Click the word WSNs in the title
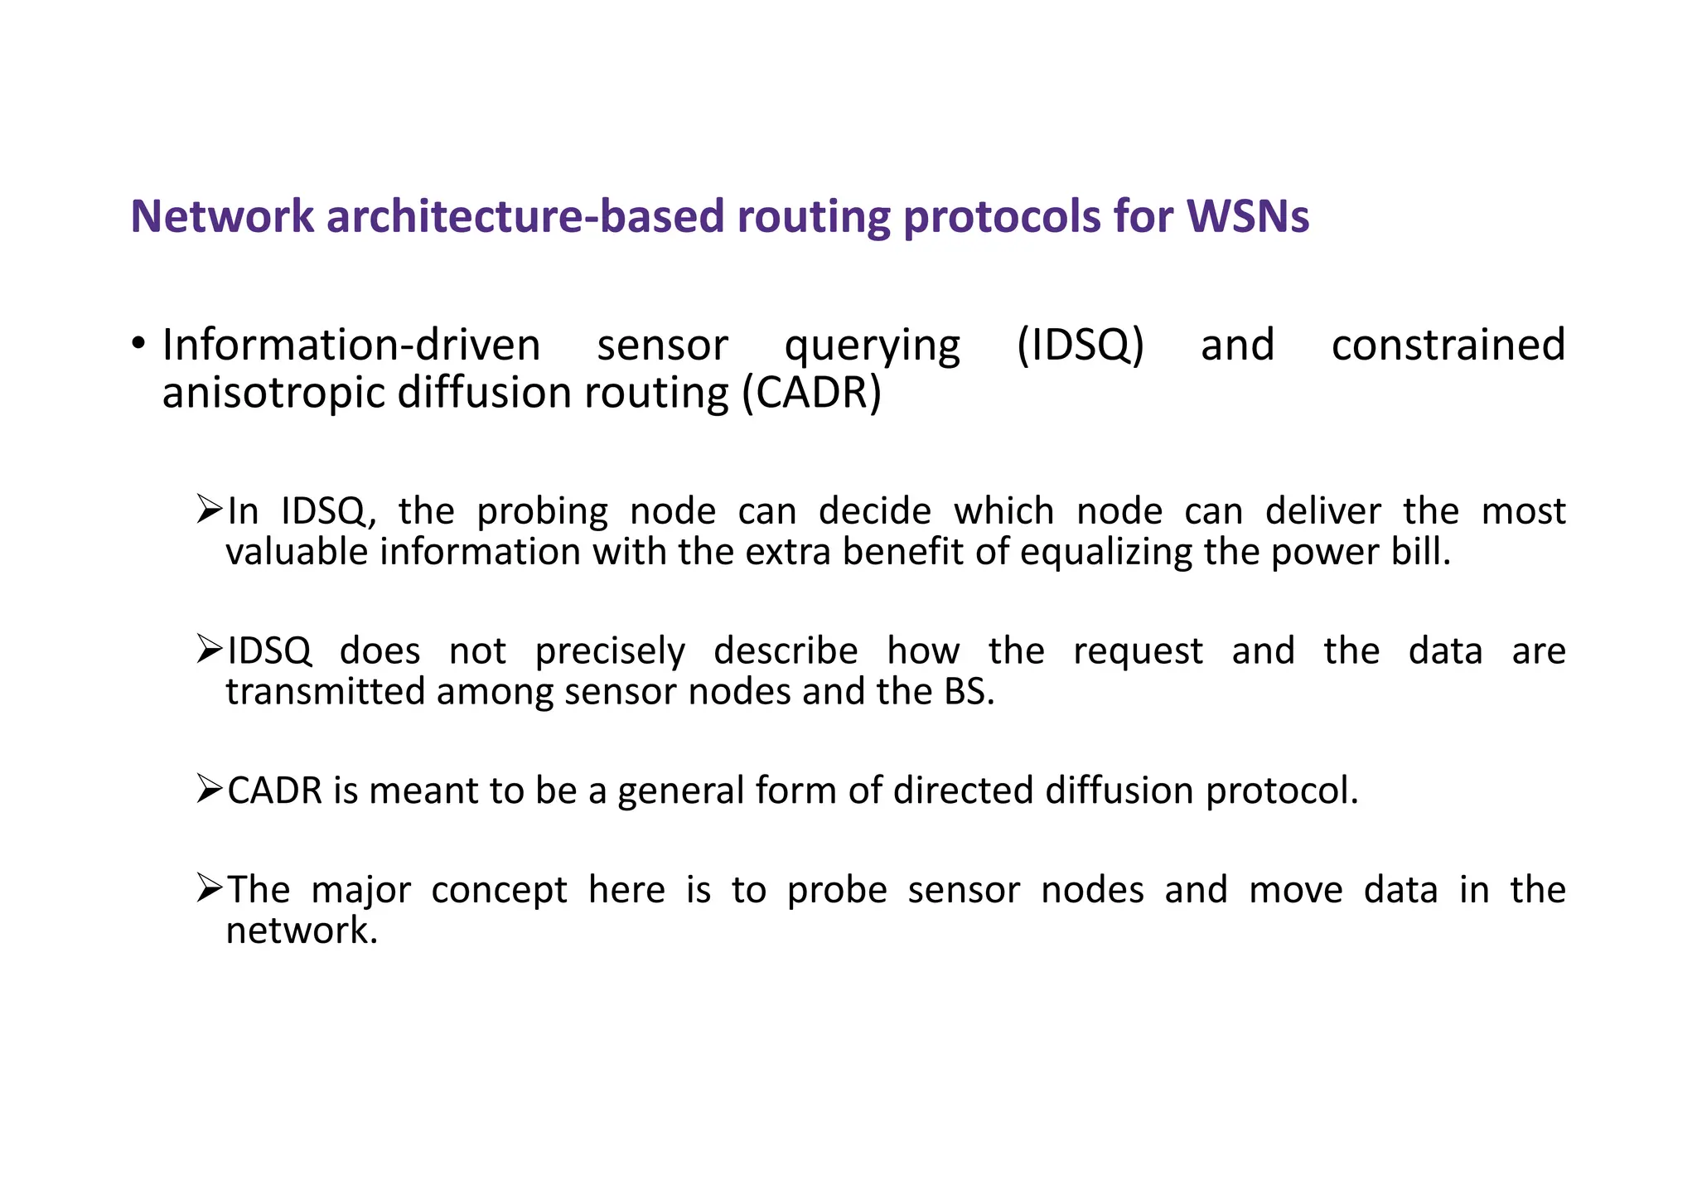(1247, 216)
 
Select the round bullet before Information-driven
(139, 343)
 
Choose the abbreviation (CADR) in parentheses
(811, 393)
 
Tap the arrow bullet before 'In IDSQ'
(210, 509)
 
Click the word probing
(542, 512)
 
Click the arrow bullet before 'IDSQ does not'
(210, 649)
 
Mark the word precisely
(610, 652)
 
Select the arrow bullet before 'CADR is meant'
(210, 788)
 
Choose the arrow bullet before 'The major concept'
(210, 887)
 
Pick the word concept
(499, 891)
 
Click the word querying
(872, 346)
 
